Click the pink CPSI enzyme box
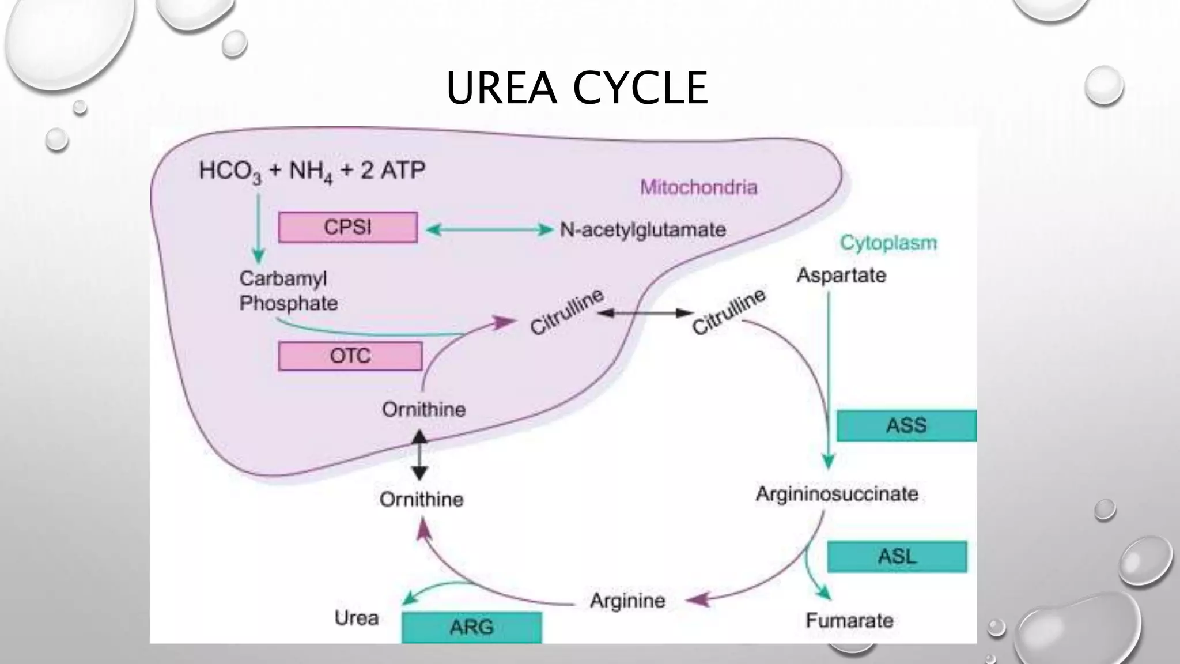(x=347, y=227)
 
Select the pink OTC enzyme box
(x=350, y=356)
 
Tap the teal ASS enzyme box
(x=906, y=425)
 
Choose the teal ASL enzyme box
(x=897, y=556)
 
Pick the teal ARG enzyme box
(x=471, y=627)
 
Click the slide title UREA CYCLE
(x=577, y=88)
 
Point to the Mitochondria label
(x=698, y=187)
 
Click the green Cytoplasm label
(x=888, y=243)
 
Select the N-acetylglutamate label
(x=642, y=230)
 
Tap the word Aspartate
(x=841, y=275)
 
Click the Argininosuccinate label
(x=837, y=493)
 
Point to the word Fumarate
(x=849, y=620)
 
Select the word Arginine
(x=627, y=601)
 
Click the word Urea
(x=357, y=618)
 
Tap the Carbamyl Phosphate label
(x=288, y=290)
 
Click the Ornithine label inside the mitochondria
(x=423, y=409)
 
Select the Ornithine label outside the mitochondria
(x=421, y=499)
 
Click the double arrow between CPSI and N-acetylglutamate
(x=489, y=230)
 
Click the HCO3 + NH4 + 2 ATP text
(x=312, y=171)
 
